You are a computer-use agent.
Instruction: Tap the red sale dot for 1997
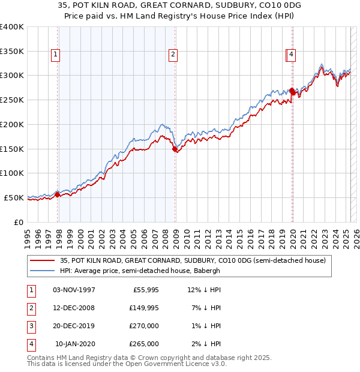click(x=58, y=194)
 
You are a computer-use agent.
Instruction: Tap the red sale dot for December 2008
click(x=175, y=149)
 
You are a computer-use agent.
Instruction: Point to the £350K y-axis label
click(x=12, y=52)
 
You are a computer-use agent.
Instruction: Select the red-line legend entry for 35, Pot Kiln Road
click(x=192, y=260)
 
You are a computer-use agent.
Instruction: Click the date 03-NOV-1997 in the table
click(x=74, y=290)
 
